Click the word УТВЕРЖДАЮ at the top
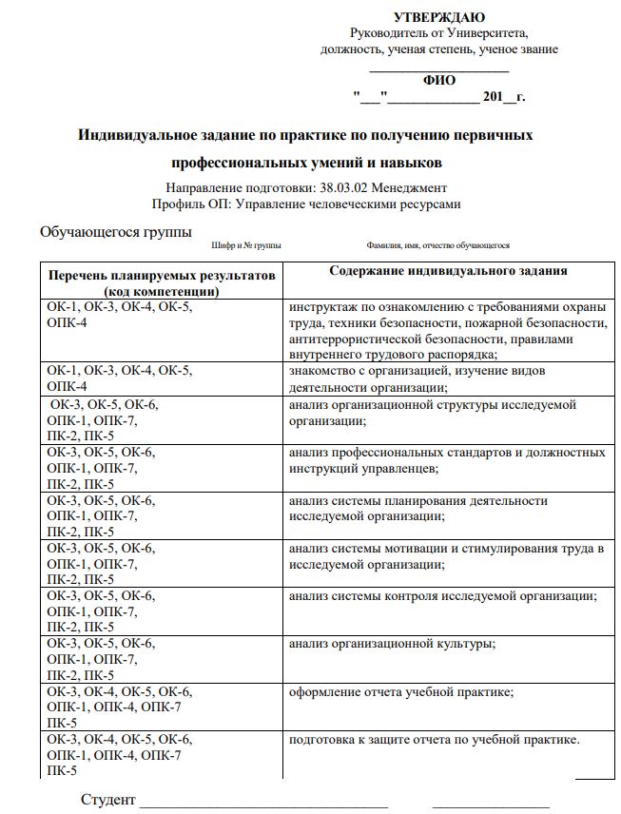[x=438, y=17]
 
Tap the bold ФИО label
[x=439, y=81]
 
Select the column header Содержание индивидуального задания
[x=448, y=271]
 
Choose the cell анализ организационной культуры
[x=392, y=644]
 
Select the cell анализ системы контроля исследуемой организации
[x=442, y=596]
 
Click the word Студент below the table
[x=108, y=799]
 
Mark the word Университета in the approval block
[x=486, y=33]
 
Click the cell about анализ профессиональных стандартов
[x=447, y=460]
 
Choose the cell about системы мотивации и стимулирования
[x=447, y=555]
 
